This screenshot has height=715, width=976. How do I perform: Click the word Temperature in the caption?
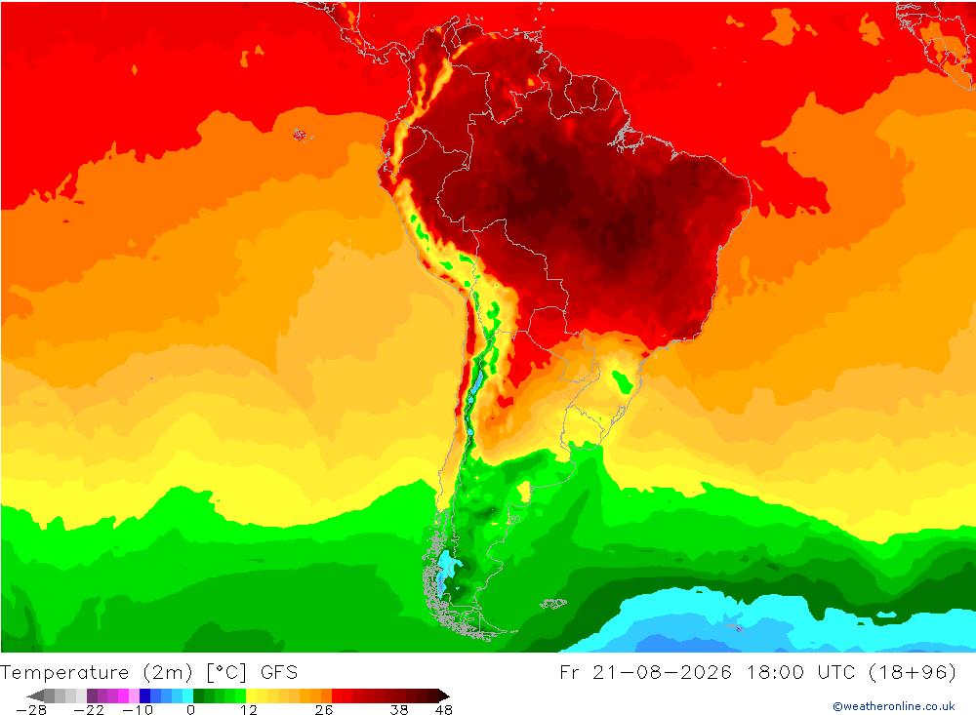tap(64, 673)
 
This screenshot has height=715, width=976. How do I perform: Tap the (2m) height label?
tap(168, 673)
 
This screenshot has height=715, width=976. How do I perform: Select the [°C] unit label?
tap(226, 673)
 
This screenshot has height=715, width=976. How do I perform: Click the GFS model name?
tap(279, 673)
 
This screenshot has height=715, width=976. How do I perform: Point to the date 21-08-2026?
tap(662, 673)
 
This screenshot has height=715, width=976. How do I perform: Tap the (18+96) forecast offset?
tap(912, 673)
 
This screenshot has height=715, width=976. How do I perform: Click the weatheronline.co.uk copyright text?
tap(894, 706)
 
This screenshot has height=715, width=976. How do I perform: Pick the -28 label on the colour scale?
tap(31, 709)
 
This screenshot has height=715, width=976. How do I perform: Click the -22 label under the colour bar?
tap(89, 709)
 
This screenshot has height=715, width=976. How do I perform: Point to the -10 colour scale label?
tap(137, 709)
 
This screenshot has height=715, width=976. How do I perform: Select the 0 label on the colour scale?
tap(190, 709)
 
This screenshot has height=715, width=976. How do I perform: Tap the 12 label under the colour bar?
tap(248, 709)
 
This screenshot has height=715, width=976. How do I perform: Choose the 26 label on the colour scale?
tap(324, 709)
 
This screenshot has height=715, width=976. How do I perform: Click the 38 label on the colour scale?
tap(399, 709)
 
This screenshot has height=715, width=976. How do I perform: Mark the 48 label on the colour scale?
tap(444, 709)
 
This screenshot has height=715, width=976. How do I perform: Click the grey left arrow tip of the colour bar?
tap(28, 695)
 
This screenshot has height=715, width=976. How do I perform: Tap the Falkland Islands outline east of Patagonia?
tap(552, 603)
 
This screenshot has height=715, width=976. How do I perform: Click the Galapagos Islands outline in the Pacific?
tap(300, 135)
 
